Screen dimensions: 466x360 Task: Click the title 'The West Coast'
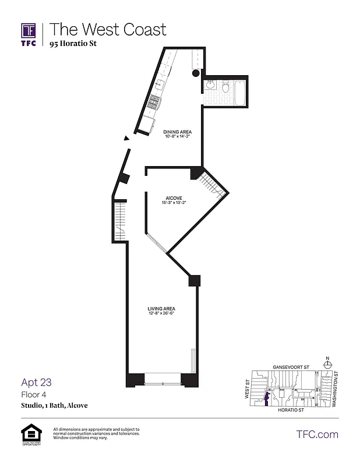pos(108,29)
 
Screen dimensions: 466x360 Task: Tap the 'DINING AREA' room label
pos(177,132)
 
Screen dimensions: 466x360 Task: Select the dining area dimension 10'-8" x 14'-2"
pos(177,137)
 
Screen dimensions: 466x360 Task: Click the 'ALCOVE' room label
pos(174,198)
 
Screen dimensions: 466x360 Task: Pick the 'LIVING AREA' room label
pos(161,309)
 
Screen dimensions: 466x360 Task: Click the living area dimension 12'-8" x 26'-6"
pos(161,314)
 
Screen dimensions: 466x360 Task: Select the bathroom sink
pos(210,86)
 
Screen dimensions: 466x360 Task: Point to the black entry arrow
pos(126,138)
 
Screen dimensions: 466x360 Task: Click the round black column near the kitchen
pos(196,74)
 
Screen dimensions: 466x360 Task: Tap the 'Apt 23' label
pos(37,383)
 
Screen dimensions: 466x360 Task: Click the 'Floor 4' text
pos(34,394)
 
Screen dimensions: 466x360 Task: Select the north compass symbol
pos(327,364)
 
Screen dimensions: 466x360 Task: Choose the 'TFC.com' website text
pos(317,434)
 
